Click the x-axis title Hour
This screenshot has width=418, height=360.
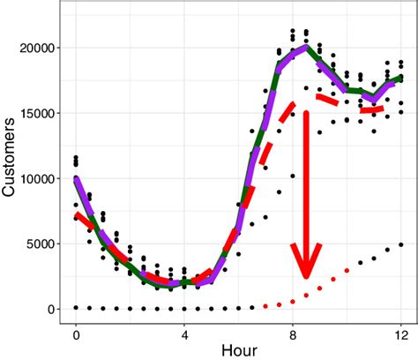pos(238,349)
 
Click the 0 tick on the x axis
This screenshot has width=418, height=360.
pos(76,334)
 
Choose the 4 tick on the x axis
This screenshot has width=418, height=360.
pos(184,334)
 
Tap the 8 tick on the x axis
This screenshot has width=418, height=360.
pos(293,334)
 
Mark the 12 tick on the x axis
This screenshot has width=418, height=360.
pos(401,334)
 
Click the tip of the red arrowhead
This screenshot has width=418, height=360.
pos(306,278)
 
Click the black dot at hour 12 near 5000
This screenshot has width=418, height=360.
pos(401,244)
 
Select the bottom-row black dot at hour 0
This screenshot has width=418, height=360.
pos(76,307)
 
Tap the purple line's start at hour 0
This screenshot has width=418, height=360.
pos(76,179)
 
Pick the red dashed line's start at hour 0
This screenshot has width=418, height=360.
pos(76,214)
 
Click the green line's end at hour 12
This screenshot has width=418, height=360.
pos(401,78)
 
